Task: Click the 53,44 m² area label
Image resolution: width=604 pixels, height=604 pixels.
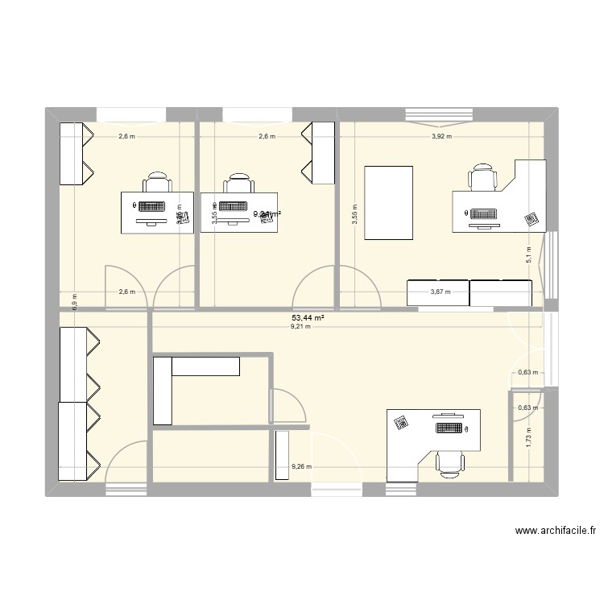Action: coord(308,319)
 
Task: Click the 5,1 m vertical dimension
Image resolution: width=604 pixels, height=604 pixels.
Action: coord(529,254)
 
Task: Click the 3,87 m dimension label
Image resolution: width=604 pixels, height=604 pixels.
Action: coord(440,293)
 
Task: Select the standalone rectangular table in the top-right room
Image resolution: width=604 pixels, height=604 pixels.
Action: coord(389,203)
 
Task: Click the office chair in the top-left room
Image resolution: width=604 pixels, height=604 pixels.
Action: coord(157,182)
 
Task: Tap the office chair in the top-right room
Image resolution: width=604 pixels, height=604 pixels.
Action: coord(483,177)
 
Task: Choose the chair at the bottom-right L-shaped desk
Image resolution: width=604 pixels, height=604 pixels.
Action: coord(449,464)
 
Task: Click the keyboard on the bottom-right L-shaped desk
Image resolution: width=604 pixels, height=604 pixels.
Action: coord(449,428)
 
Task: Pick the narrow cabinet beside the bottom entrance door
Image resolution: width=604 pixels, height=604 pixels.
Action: coord(282,457)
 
